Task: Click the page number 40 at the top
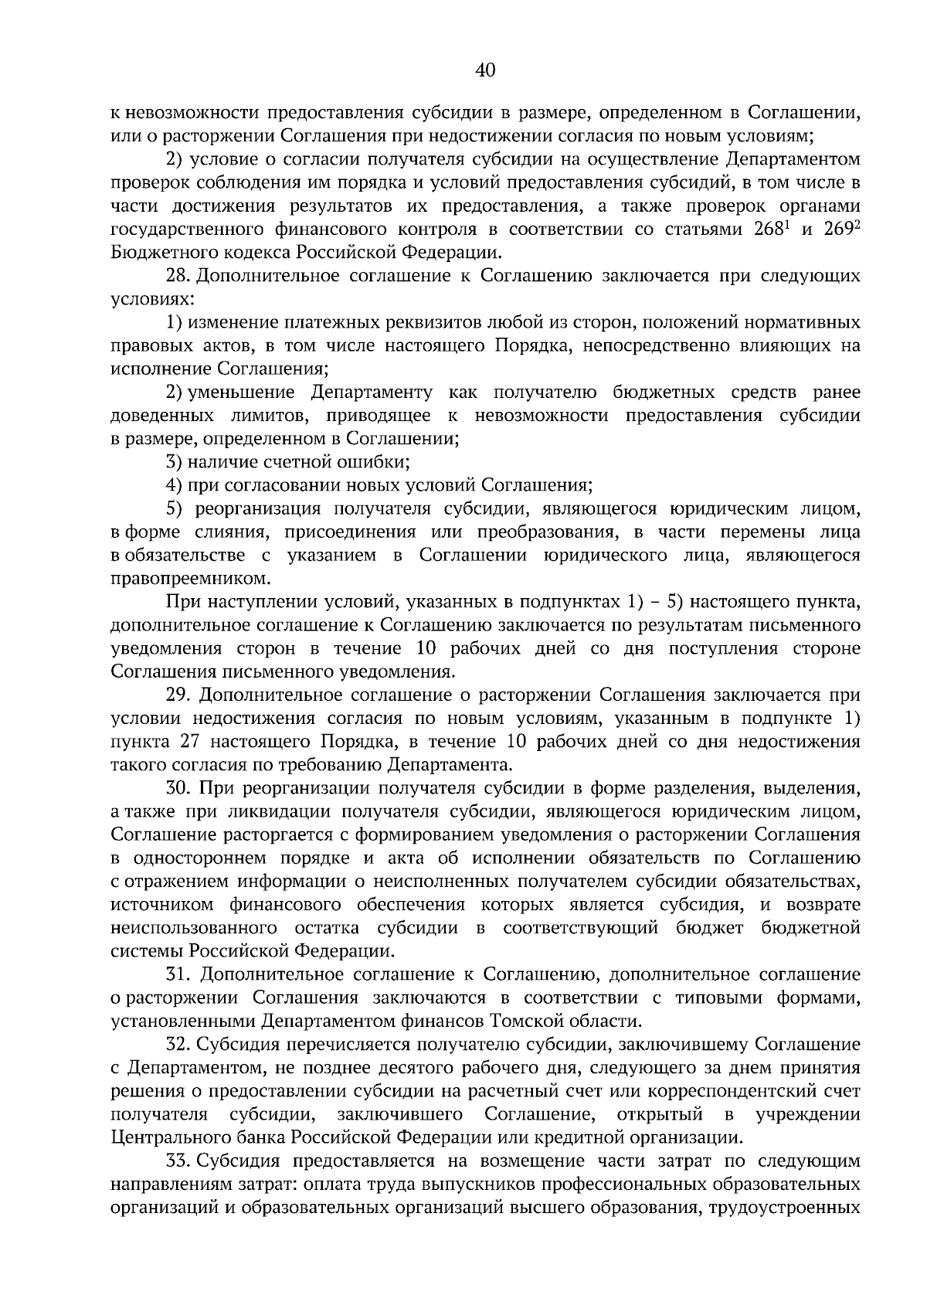(x=485, y=71)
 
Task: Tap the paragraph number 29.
(x=178, y=695)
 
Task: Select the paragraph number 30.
(x=178, y=788)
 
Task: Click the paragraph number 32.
(x=178, y=1045)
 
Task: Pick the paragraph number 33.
(x=178, y=1161)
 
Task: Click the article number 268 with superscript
(x=772, y=229)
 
